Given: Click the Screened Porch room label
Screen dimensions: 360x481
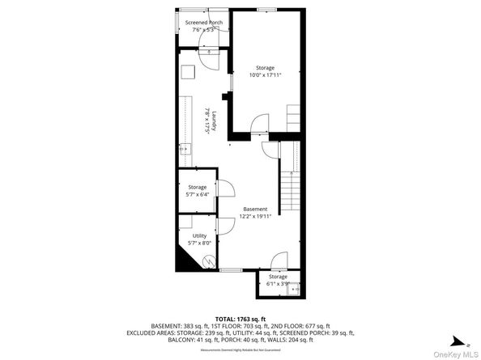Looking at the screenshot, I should [203, 23].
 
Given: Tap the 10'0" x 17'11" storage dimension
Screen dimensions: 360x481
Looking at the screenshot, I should [265, 74].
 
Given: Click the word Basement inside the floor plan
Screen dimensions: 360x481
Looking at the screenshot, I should [254, 209].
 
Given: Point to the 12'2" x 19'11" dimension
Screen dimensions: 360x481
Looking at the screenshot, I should [254, 217].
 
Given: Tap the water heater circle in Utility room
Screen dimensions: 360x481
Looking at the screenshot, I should [209, 263].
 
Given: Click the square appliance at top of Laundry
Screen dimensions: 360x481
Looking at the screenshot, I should [187, 73].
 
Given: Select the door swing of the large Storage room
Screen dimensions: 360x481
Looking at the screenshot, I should [260, 123].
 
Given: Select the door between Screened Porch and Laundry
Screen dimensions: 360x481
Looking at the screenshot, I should [208, 53].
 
